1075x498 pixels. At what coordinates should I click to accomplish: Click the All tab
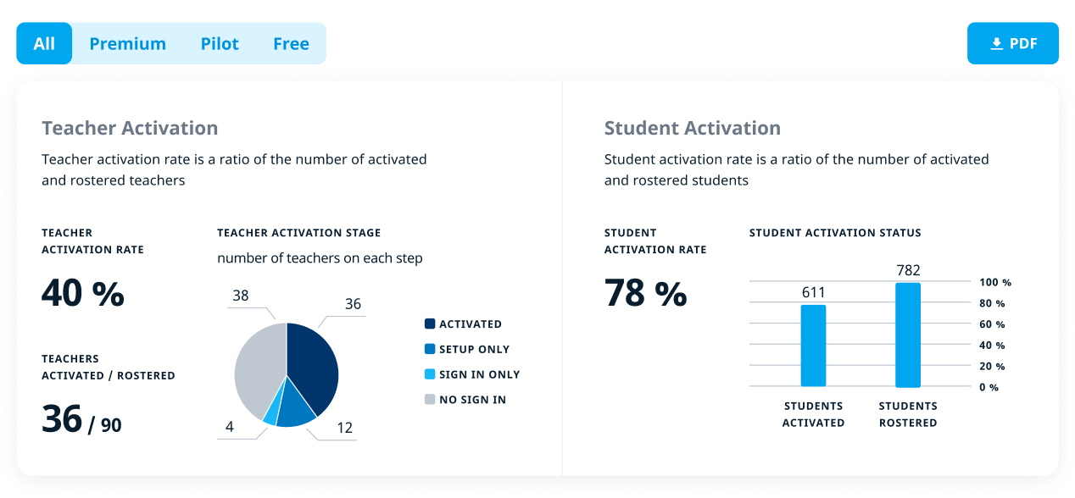tap(44, 43)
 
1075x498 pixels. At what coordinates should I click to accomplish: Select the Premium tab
tap(128, 43)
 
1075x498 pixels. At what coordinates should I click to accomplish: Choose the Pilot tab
tap(220, 43)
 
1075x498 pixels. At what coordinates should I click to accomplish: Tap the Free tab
tap(291, 43)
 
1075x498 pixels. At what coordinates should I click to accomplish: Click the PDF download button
tap(1012, 43)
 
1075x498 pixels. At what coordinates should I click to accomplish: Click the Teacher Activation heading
tap(130, 128)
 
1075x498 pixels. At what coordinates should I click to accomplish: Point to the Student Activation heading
tap(692, 128)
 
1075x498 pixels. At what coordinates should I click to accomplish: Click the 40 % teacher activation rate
tap(83, 293)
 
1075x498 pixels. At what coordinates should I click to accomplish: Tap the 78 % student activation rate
tap(645, 293)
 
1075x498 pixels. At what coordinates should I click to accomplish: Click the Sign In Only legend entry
tap(471, 374)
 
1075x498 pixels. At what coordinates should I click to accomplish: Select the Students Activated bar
tap(813, 346)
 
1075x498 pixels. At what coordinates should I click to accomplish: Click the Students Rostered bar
tap(907, 335)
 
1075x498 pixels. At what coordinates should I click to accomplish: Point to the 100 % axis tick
tap(994, 282)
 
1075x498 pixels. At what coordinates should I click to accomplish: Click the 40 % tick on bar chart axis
tap(992, 346)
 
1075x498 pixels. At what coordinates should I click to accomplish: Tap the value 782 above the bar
tap(908, 270)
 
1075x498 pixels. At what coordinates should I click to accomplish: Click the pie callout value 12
tap(344, 428)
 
